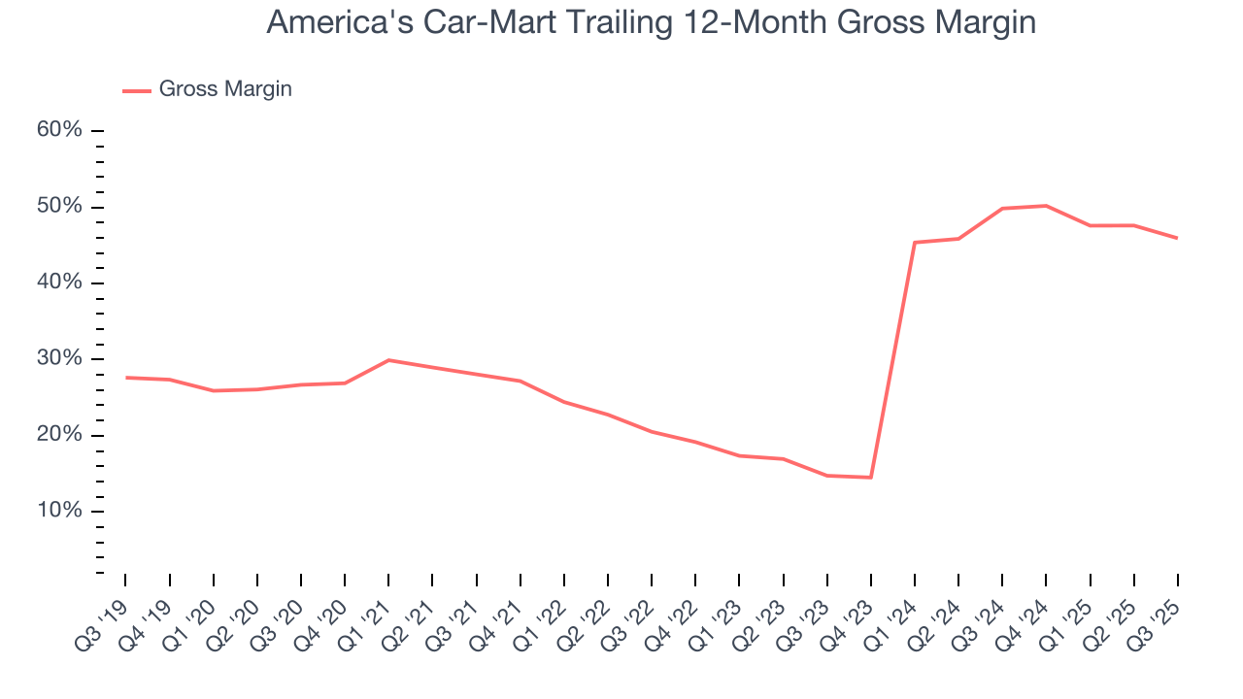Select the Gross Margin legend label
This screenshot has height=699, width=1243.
(x=225, y=89)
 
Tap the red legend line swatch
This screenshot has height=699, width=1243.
(x=137, y=90)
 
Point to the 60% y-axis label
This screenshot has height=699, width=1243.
(x=60, y=131)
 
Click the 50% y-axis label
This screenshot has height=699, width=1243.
(x=60, y=207)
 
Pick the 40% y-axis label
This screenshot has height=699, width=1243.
(x=60, y=283)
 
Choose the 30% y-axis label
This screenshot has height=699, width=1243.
(x=60, y=358)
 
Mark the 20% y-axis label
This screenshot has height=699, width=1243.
(x=60, y=435)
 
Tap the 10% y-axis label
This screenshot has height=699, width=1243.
(x=60, y=511)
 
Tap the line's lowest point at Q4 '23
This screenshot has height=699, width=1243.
(x=871, y=477)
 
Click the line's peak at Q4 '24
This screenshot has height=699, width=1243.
(x=1046, y=206)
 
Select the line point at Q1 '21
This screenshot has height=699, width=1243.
(x=388, y=360)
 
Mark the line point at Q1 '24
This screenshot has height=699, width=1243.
(x=915, y=243)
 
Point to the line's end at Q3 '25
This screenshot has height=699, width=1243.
(x=1177, y=238)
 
